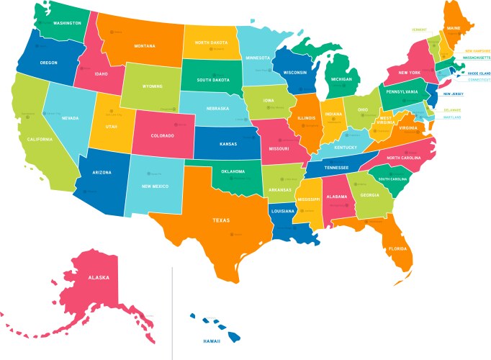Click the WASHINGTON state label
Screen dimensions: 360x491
67,23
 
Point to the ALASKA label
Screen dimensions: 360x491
98,277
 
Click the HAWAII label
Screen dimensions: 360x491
212,341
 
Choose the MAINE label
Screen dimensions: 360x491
454,29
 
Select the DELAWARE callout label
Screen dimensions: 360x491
452,109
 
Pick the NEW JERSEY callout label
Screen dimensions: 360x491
454,94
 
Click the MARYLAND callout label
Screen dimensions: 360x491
452,117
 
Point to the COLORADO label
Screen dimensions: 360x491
163,135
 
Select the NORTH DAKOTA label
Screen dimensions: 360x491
210,42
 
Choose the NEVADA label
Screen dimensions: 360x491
69,117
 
